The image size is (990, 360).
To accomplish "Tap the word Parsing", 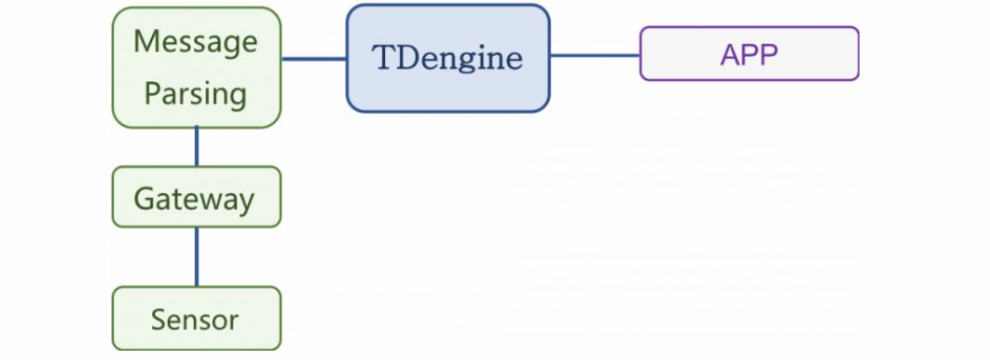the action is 196,95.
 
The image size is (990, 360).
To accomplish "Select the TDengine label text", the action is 447,59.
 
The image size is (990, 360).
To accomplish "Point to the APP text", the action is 749,55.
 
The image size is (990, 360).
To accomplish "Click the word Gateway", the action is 194,200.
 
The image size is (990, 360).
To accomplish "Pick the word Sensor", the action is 195,320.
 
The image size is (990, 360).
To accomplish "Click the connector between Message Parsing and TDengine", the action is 314,59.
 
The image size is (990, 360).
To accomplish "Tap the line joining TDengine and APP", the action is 595,56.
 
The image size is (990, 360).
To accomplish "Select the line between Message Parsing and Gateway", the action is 197,146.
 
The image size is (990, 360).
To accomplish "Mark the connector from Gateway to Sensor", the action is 197,257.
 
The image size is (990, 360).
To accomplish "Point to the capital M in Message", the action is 146,42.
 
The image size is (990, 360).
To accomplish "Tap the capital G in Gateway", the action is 145,199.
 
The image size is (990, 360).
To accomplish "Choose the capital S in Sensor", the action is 158,320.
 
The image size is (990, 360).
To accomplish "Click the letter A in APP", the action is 731,55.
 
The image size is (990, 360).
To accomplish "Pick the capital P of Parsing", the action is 153,93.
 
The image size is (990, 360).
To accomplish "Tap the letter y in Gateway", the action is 244,203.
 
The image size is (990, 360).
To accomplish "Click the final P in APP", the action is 769,55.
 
